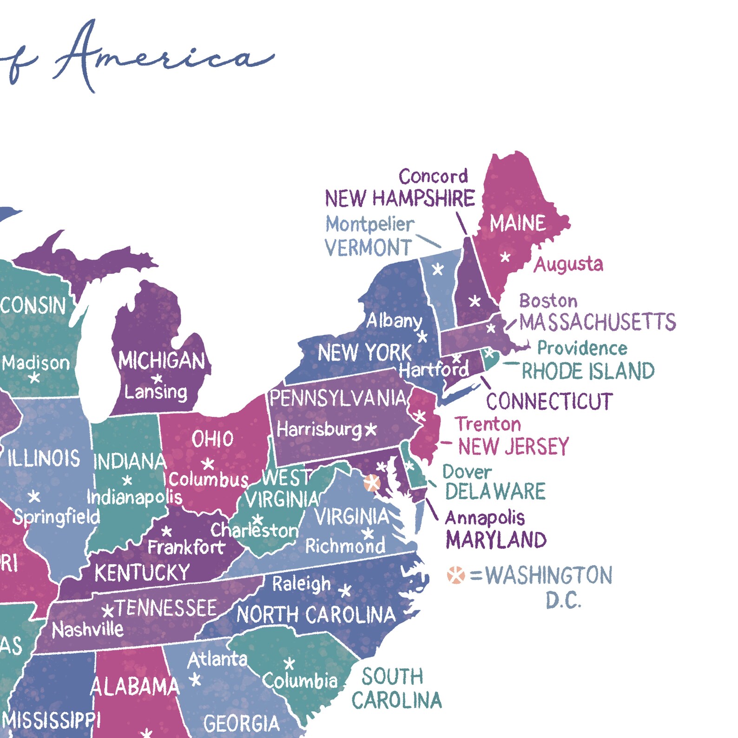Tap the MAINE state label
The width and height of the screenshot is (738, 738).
tap(517, 224)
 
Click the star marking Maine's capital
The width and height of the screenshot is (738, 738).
tap(505, 257)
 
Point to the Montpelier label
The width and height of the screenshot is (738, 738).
tap(369, 224)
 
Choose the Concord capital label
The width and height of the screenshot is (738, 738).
tap(433, 177)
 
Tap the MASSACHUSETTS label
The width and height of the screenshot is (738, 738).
tap(597, 322)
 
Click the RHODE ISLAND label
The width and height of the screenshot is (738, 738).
tap(588, 371)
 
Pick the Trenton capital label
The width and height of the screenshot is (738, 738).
tap(488, 424)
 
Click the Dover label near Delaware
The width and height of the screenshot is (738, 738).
tap(467, 472)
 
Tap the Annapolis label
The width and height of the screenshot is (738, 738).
tap(485, 518)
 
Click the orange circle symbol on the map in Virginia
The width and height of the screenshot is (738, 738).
tap(372, 483)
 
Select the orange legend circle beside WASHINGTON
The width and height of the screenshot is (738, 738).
tap(456, 575)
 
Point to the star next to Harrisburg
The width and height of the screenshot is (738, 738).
tap(370, 429)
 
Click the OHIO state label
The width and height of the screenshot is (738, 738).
tap(212, 439)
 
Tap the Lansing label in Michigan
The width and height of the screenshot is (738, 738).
tap(156, 392)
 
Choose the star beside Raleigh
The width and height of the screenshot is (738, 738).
tap(345, 591)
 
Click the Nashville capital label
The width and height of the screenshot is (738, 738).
tap(87, 630)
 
